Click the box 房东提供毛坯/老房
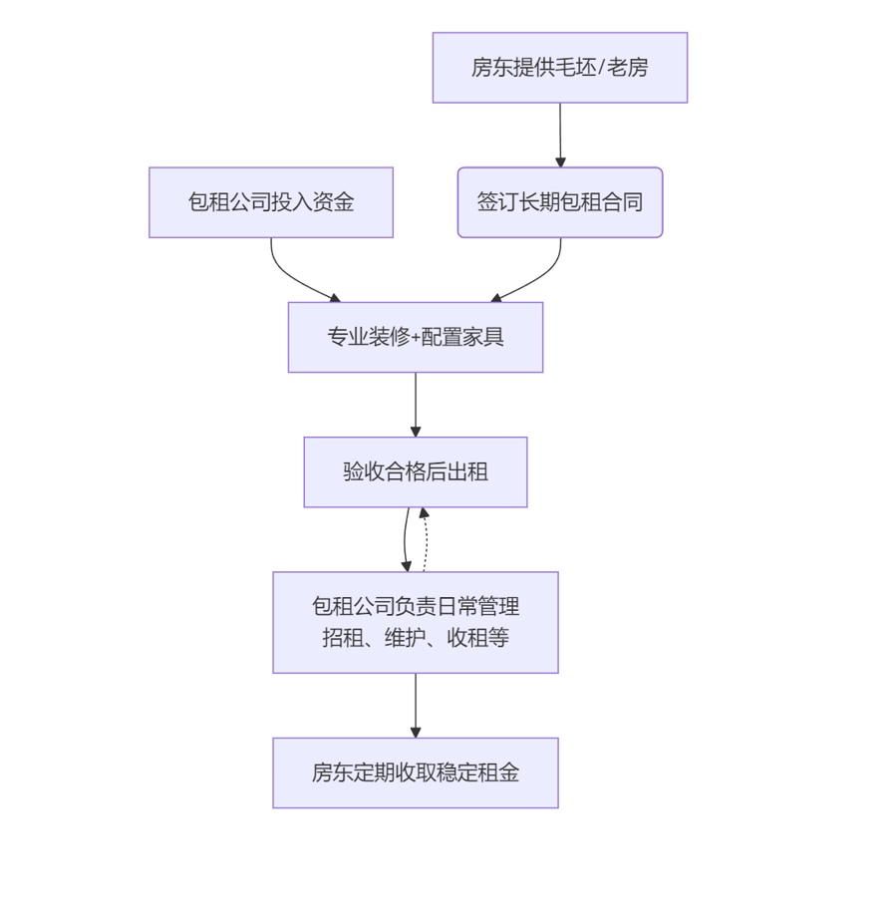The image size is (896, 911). (x=559, y=68)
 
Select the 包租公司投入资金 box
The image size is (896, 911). (x=270, y=202)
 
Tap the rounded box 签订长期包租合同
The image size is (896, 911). (x=559, y=202)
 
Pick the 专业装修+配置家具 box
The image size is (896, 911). (x=415, y=337)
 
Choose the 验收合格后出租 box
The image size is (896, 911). (x=415, y=471)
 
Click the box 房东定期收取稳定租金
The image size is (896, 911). (x=415, y=772)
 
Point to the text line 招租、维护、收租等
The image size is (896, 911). (x=415, y=638)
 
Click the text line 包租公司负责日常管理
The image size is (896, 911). (x=415, y=606)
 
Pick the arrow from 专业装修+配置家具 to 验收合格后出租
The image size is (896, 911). (x=416, y=403)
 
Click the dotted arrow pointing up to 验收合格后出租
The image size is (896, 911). (x=427, y=543)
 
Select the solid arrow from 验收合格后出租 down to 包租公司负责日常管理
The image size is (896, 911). (x=405, y=539)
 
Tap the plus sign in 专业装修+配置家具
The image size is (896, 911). (x=416, y=338)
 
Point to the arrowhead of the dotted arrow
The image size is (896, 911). (x=424, y=513)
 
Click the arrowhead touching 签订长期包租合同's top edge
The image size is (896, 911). (x=560, y=161)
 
